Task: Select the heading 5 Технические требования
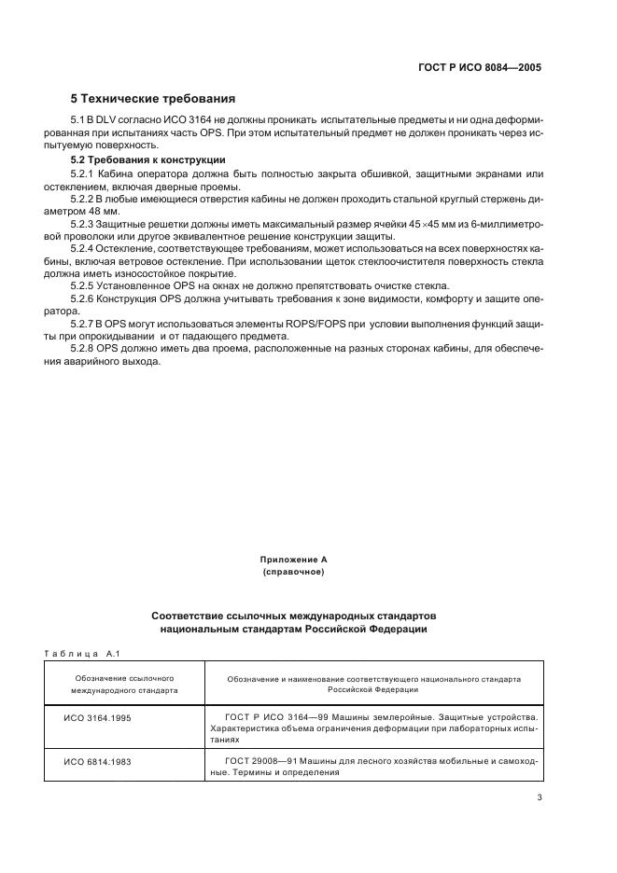pyautogui.click(x=153, y=98)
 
